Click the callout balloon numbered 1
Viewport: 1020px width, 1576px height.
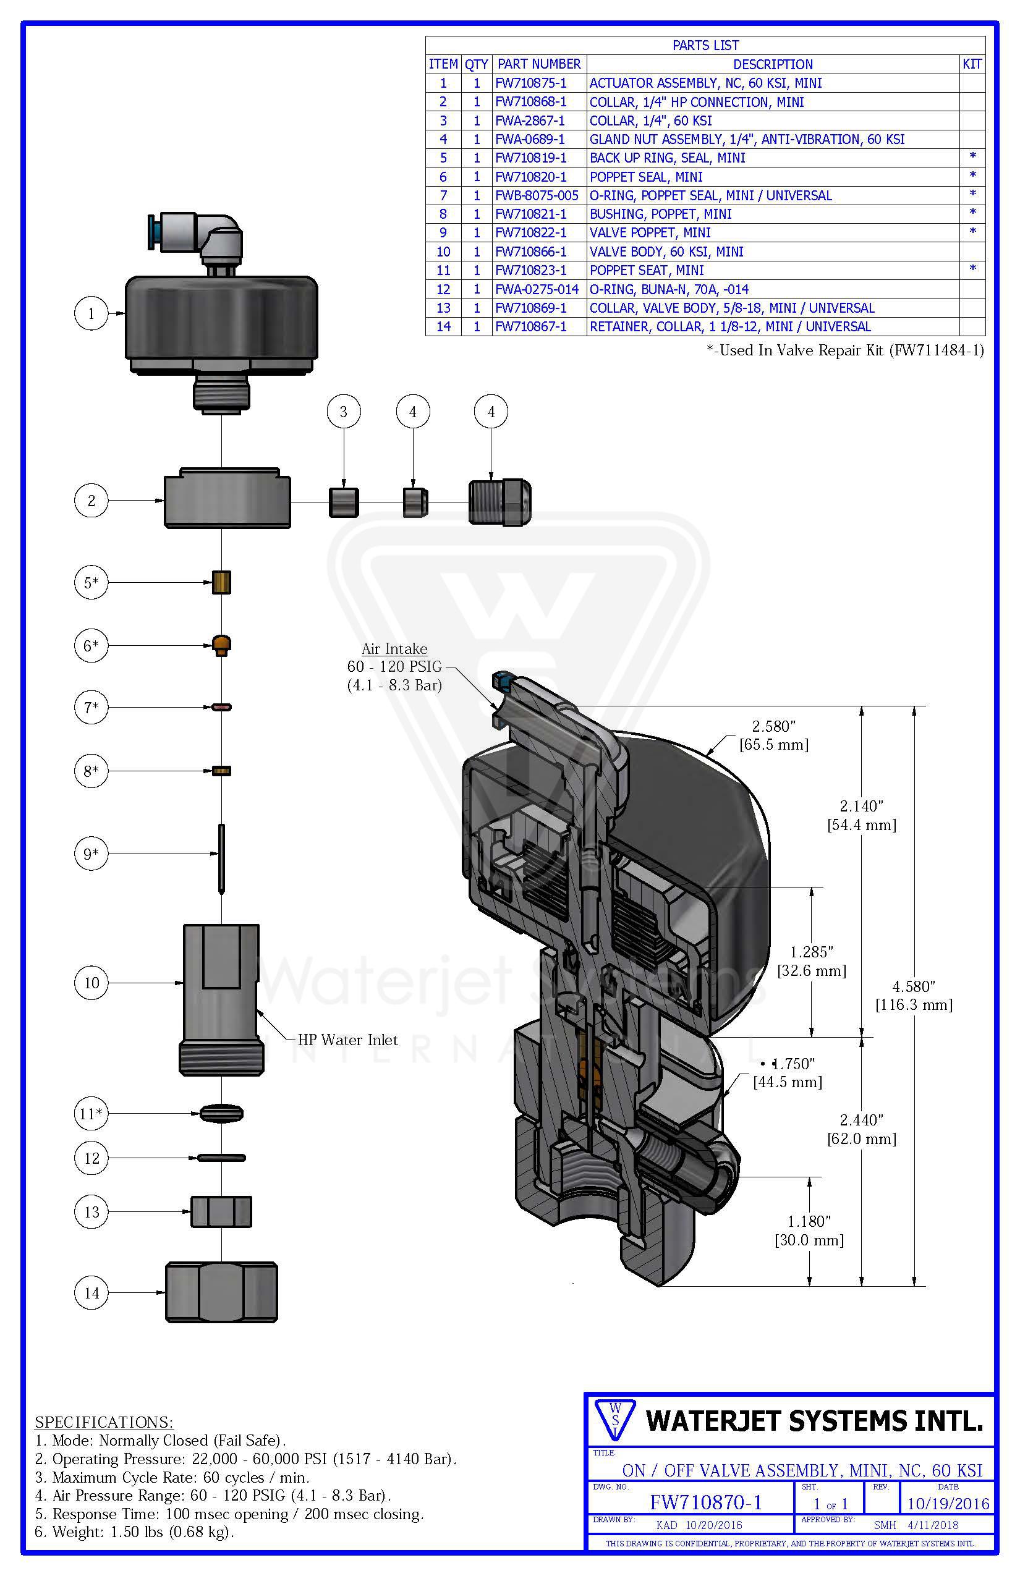tap(91, 313)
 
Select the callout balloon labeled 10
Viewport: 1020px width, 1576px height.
tap(91, 983)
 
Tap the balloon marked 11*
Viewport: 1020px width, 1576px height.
tap(91, 1113)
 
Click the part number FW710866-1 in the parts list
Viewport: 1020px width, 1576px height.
tap(531, 252)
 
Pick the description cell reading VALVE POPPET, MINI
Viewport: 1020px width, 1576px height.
tap(650, 233)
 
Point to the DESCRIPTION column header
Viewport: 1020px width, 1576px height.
tap(772, 64)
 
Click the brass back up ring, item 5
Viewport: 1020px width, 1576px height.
tap(221, 582)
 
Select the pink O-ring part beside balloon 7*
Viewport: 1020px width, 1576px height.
tap(221, 707)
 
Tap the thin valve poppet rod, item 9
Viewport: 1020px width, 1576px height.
tap(221, 858)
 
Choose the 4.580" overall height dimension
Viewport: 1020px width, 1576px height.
tap(914, 995)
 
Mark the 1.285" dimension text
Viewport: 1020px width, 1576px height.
tap(811, 962)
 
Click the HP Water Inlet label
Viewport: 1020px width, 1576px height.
tap(347, 1040)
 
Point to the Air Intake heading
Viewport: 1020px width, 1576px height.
tap(394, 649)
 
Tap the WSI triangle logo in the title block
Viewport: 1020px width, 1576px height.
tap(614, 1419)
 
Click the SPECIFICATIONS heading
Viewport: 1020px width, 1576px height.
tap(104, 1421)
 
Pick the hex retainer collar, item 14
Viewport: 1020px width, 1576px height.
tap(221, 1292)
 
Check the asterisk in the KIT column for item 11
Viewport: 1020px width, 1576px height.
tap(972, 269)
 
